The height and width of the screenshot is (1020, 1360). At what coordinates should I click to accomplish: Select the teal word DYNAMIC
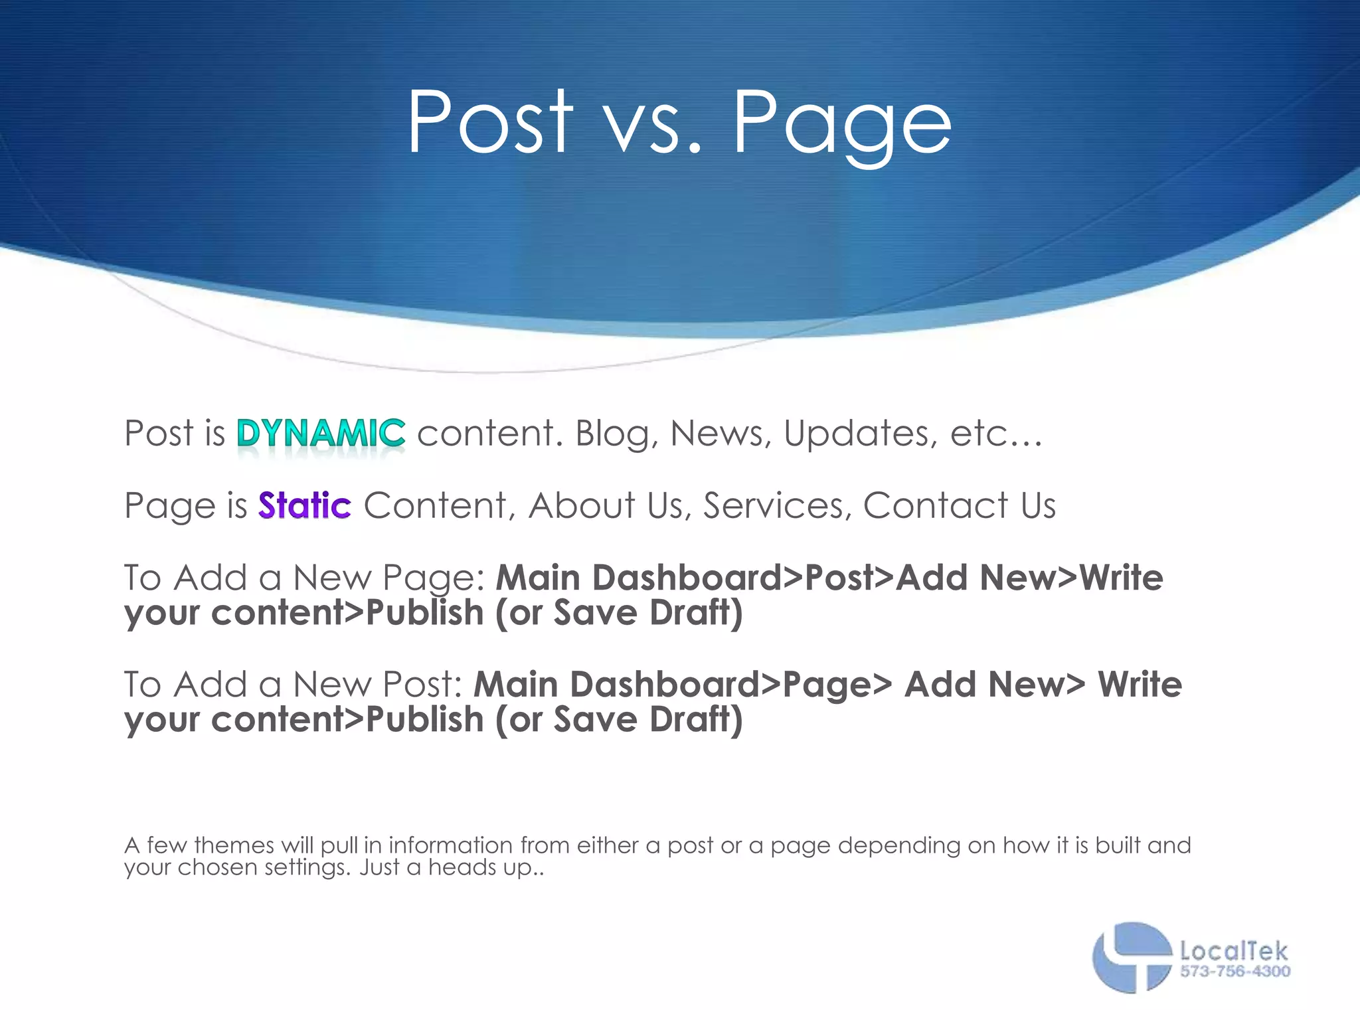pyautogui.click(x=321, y=433)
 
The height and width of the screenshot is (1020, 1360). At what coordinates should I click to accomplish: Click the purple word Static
pyautogui.click(x=305, y=505)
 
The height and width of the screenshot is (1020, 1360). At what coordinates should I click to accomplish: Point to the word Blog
pyautogui.click(x=616, y=434)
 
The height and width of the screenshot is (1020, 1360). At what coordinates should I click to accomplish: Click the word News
pyautogui.click(x=720, y=434)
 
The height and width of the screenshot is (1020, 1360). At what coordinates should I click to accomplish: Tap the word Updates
pyautogui.click(x=860, y=434)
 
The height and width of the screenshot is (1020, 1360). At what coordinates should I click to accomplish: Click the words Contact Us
pyautogui.click(x=959, y=506)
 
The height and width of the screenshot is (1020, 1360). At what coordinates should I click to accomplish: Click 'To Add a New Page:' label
pyautogui.click(x=305, y=578)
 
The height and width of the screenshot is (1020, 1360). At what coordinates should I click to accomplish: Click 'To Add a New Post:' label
pyautogui.click(x=293, y=685)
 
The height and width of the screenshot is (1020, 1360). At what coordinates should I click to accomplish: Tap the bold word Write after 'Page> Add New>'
pyautogui.click(x=1140, y=685)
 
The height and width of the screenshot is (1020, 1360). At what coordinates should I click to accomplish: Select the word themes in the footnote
pyautogui.click(x=234, y=845)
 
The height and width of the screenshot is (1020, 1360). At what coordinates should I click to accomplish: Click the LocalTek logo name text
pyautogui.click(x=1233, y=952)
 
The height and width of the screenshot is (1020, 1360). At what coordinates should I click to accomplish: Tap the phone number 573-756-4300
pyautogui.click(x=1234, y=972)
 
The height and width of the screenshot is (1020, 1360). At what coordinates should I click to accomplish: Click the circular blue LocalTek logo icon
pyautogui.click(x=1131, y=957)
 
